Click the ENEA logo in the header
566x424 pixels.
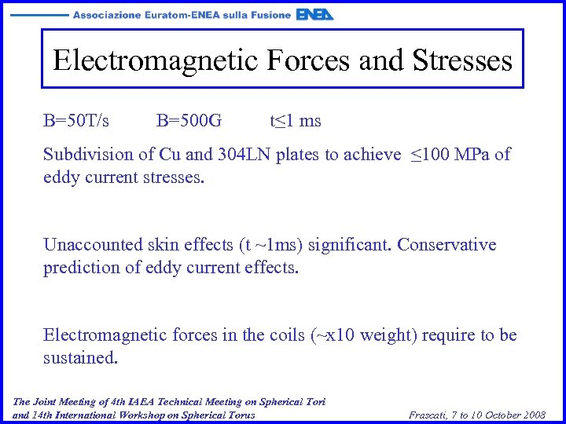tap(315, 14)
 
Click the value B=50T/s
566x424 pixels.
tap(76, 121)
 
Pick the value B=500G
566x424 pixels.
tap(189, 121)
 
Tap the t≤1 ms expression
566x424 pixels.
tap(296, 121)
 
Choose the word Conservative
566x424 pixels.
tap(447, 245)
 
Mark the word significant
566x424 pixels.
tap(351, 245)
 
